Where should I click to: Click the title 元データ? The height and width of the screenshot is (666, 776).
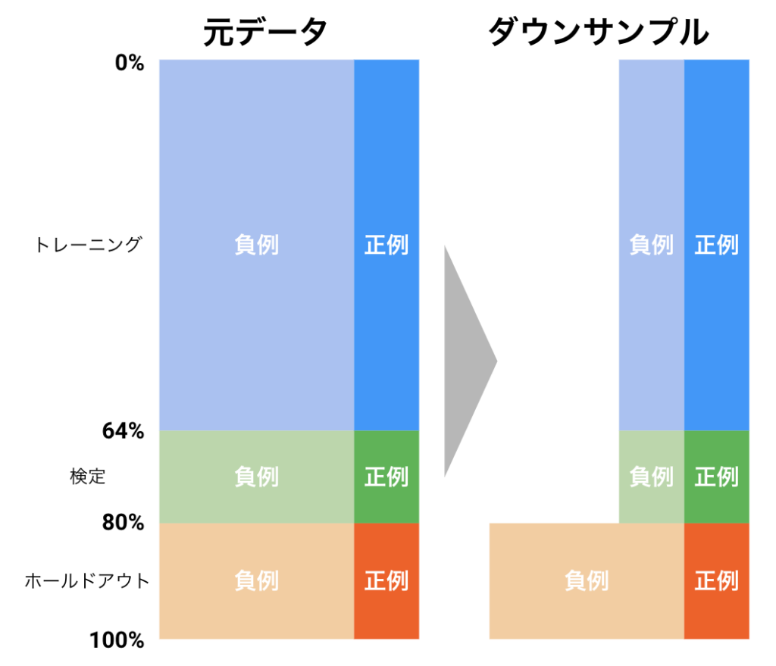click(265, 33)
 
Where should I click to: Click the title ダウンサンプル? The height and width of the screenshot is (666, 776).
click(599, 33)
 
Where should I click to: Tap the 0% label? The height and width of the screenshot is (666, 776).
click(129, 63)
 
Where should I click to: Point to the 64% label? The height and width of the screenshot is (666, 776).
click(123, 432)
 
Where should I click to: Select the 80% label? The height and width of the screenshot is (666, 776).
click(123, 523)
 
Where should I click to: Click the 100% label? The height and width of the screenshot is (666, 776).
click(117, 641)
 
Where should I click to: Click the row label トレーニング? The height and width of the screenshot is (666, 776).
click(88, 245)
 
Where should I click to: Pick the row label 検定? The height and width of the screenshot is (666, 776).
click(87, 477)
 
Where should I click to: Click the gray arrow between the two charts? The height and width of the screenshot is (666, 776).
click(466, 360)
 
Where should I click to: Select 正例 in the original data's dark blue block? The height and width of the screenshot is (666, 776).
click(386, 245)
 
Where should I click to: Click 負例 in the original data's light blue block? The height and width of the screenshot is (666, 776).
click(256, 245)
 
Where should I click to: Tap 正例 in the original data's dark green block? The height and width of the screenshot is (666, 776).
click(386, 477)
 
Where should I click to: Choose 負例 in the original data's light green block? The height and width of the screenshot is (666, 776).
click(256, 477)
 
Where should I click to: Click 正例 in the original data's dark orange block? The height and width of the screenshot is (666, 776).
click(386, 581)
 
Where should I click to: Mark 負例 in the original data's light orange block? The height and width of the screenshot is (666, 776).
click(256, 581)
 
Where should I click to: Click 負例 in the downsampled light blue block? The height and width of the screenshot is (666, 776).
click(651, 245)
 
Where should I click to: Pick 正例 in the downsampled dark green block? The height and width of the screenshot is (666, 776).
click(716, 477)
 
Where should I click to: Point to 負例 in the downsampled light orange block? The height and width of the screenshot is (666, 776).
click(587, 581)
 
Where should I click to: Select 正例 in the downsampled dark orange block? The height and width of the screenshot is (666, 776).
click(716, 581)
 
